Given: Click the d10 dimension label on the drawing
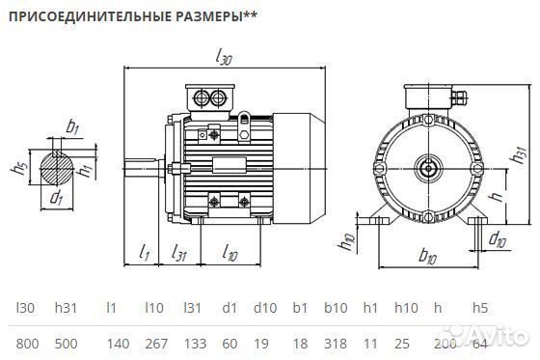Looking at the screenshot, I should tap(498, 238).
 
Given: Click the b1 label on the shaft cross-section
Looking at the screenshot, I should tap(72, 126).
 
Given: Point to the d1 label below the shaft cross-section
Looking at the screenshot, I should tap(57, 200).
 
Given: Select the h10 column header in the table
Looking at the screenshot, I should tap(405, 308).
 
